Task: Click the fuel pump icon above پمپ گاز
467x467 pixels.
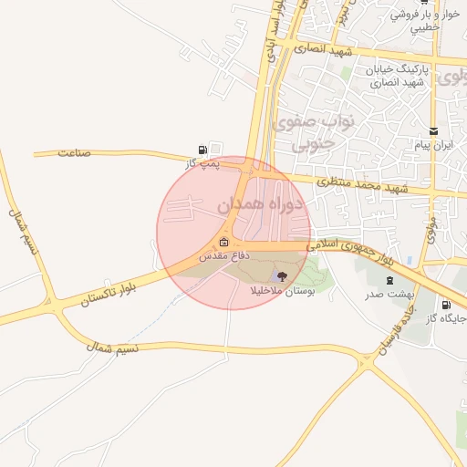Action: click(x=202, y=150)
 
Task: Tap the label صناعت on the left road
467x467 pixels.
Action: click(x=74, y=152)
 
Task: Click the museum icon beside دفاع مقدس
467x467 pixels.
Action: click(x=224, y=242)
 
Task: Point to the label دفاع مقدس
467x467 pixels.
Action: click(x=207, y=258)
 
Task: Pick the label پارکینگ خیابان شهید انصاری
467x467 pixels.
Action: click(x=397, y=77)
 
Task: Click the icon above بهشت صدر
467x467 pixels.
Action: click(x=390, y=280)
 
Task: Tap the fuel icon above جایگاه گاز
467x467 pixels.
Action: click(x=445, y=305)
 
